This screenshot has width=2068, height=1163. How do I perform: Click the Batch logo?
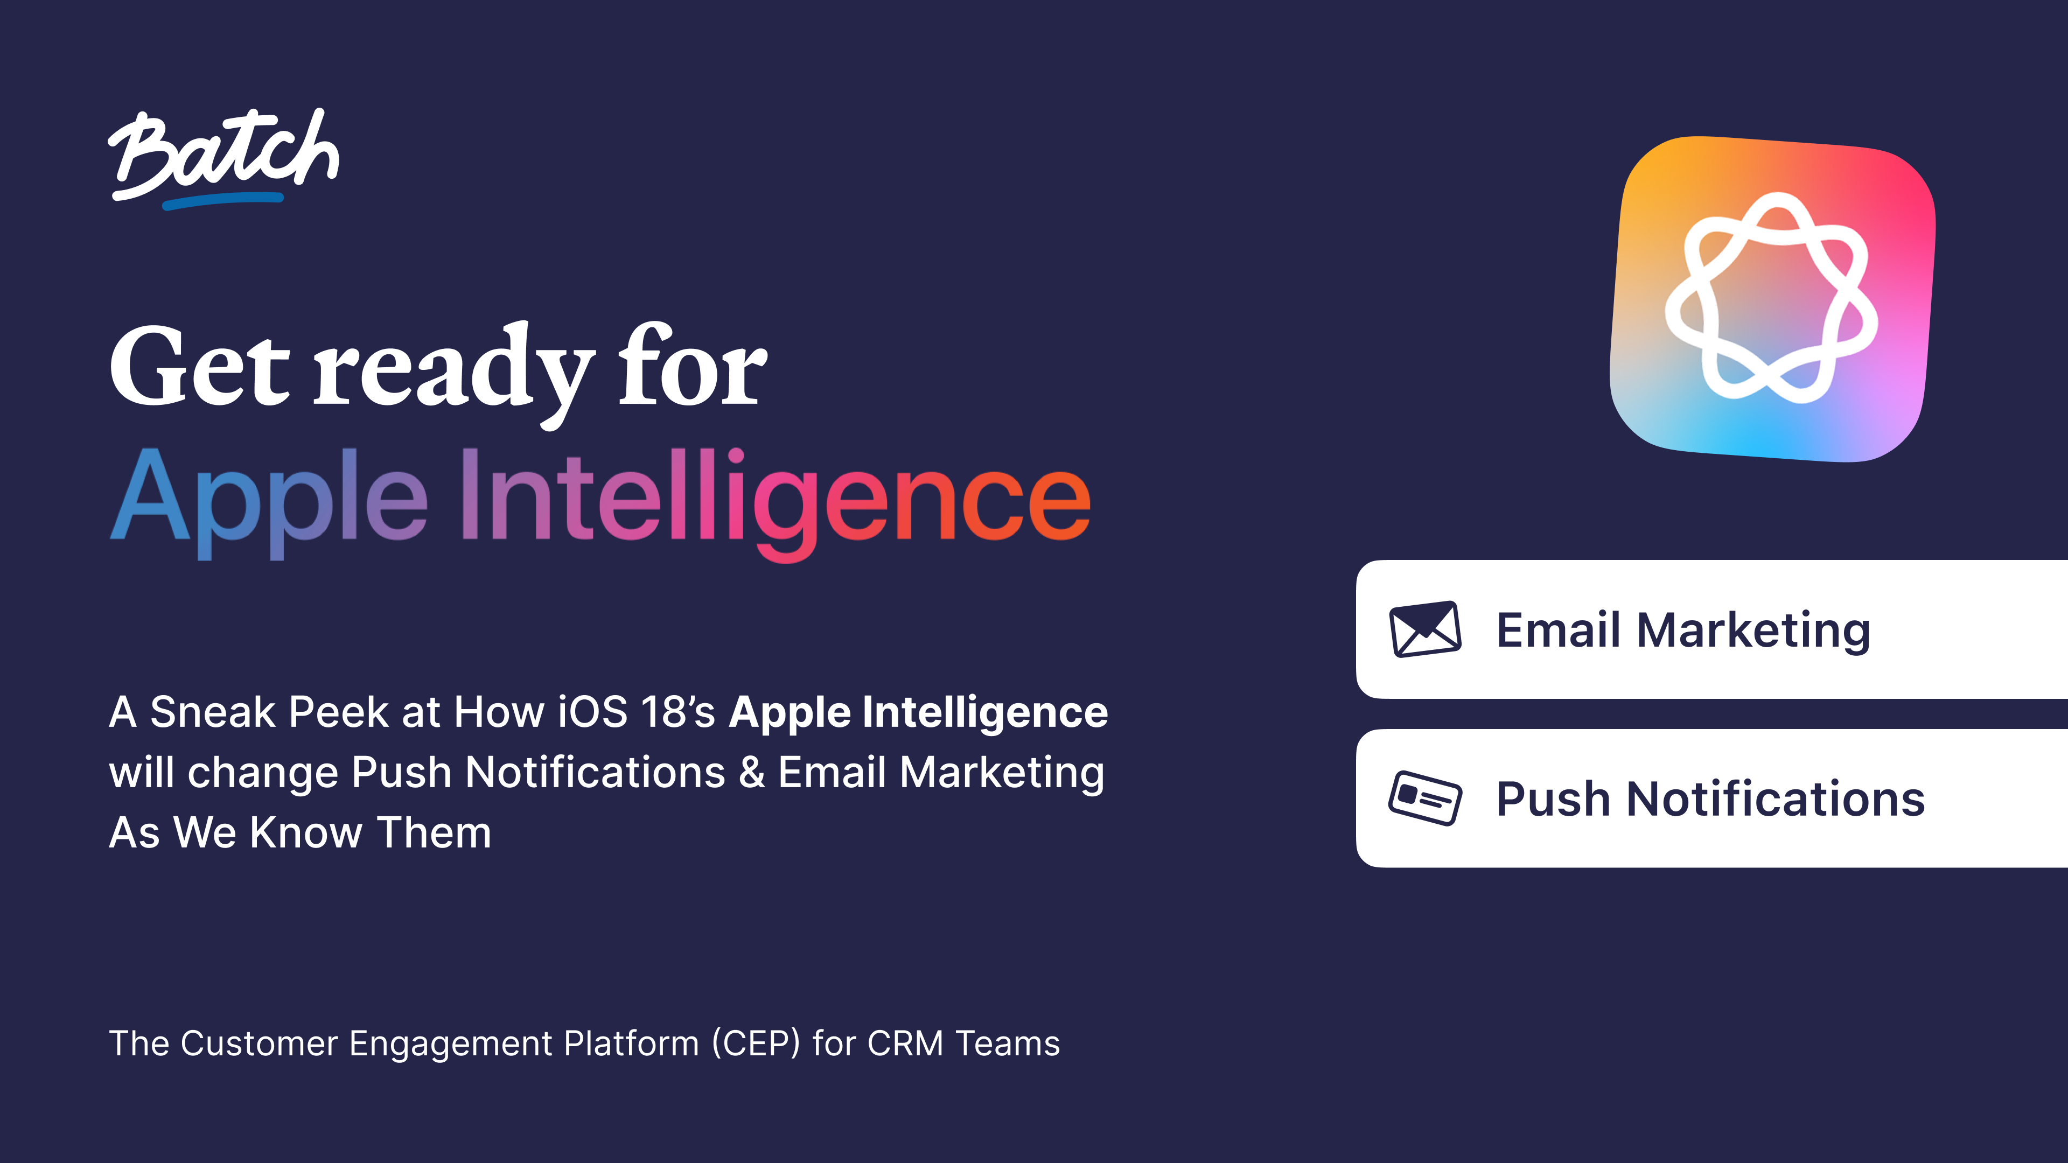click(x=223, y=154)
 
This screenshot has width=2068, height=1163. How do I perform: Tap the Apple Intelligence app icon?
click(x=1772, y=299)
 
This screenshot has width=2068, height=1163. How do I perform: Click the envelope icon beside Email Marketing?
click(x=1425, y=629)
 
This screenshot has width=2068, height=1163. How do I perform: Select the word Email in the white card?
click(x=1557, y=629)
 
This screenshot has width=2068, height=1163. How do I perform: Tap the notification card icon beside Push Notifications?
click(x=1425, y=798)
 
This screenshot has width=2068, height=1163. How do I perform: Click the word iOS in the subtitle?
click(x=592, y=712)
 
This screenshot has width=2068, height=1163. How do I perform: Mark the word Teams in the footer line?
click(x=1008, y=1043)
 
